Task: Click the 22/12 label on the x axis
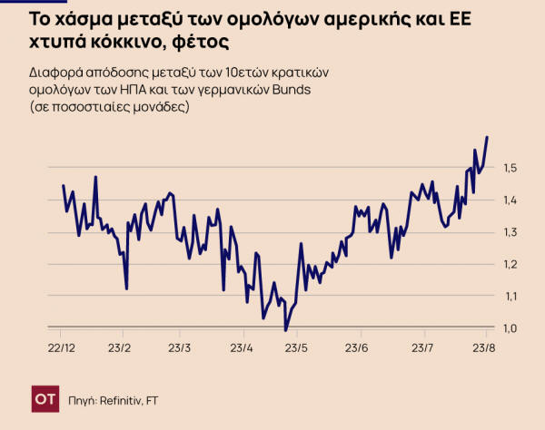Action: [x=61, y=348]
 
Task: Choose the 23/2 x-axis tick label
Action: [x=120, y=348]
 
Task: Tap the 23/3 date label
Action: [x=180, y=348]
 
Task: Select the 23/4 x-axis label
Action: [x=240, y=348]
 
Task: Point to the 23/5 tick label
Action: [x=298, y=348]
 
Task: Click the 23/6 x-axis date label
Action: [x=358, y=348]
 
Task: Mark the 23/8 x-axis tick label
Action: [x=482, y=348]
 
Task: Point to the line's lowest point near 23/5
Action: [x=285, y=330]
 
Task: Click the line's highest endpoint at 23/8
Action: [x=488, y=137]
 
